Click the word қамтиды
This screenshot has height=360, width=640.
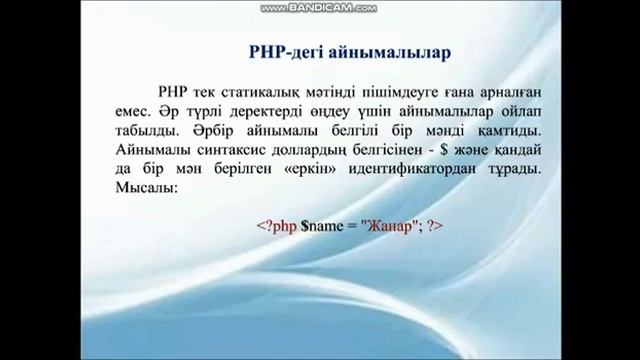tap(513, 131)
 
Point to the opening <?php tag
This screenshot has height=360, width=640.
tap(277, 226)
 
